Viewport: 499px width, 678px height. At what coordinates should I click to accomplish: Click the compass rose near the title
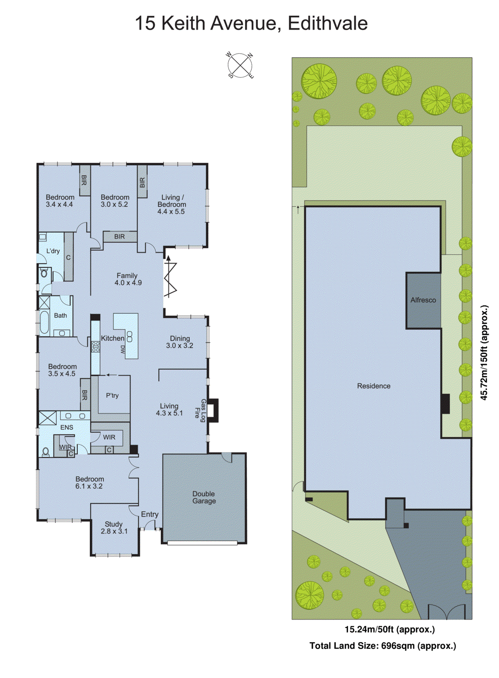(240, 66)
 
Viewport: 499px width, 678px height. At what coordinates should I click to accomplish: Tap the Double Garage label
(204, 497)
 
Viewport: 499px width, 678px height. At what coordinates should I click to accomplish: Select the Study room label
(114, 528)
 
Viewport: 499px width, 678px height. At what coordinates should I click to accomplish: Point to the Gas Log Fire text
(200, 409)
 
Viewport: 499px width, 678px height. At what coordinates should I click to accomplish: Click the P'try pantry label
(112, 395)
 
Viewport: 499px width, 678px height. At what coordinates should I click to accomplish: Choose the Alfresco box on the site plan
(423, 300)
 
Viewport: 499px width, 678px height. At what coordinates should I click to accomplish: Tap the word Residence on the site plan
(374, 386)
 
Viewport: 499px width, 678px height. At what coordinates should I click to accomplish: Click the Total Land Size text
(383, 646)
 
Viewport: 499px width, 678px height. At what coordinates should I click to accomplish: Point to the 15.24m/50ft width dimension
(389, 629)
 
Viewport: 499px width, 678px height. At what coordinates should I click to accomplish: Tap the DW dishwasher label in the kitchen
(123, 350)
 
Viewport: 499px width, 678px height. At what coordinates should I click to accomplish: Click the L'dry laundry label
(53, 251)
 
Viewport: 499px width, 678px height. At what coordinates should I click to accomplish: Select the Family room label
(127, 279)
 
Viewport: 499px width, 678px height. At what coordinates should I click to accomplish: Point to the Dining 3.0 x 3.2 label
(179, 342)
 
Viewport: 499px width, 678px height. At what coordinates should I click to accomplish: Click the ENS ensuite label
(66, 428)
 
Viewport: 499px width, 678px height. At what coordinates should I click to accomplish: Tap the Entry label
(150, 514)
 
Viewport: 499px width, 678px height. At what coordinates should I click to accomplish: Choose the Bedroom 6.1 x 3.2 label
(89, 483)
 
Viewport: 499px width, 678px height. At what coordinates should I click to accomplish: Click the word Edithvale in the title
(327, 23)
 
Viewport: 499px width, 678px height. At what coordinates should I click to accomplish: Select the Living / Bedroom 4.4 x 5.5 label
(171, 204)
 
